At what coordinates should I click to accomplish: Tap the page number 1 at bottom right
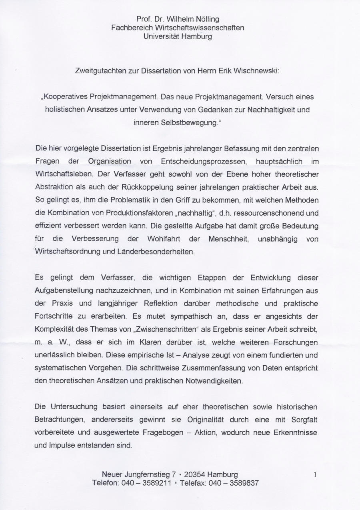pos(315,475)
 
